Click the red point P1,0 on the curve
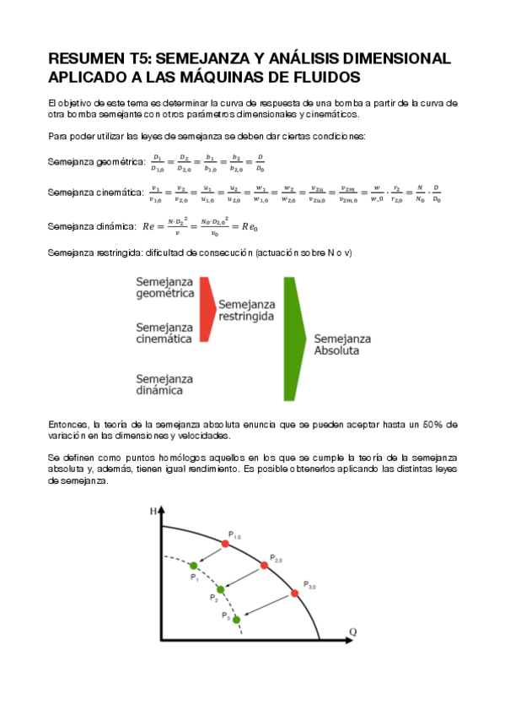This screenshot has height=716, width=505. [225, 544]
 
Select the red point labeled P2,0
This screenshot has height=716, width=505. [263, 565]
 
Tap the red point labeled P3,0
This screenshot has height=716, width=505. [294, 594]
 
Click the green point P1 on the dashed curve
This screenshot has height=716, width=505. [194, 565]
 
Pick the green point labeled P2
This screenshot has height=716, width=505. [221, 589]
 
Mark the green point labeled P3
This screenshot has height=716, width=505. [236, 620]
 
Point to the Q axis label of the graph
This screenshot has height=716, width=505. [352, 632]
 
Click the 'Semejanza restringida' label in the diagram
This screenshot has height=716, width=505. [248, 309]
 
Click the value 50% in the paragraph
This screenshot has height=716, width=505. [432, 424]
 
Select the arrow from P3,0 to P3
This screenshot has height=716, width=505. [266, 606]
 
